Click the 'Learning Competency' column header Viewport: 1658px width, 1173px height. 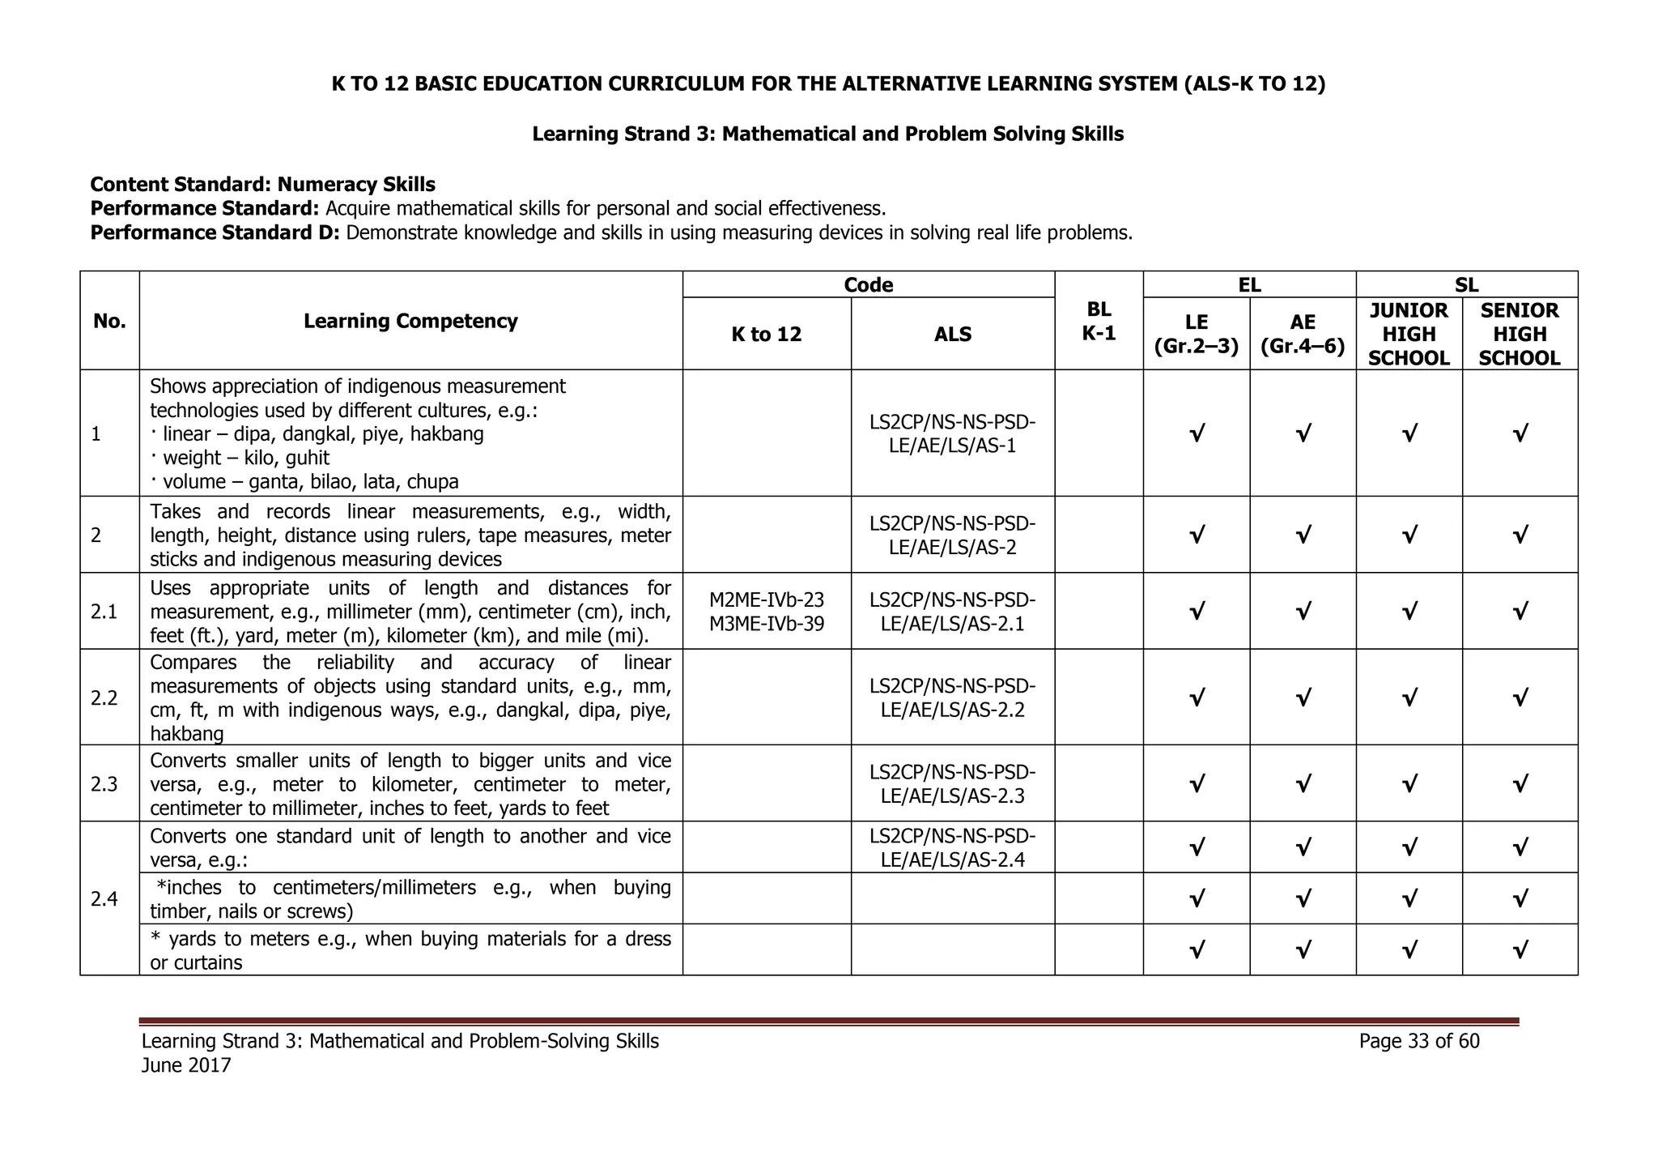click(x=410, y=321)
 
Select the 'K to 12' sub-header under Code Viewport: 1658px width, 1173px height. click(x=766, y=334)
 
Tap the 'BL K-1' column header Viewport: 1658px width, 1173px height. click(x=1099, y=321)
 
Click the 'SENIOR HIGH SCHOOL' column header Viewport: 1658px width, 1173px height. click(x=1519, y=334)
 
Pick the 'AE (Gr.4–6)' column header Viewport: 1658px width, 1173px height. click(x=1302, y=334)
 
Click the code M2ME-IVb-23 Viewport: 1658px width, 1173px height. click(x=766, y=599)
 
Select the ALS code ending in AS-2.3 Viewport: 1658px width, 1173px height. click(x=952, y=783)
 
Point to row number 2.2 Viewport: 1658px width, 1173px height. click(x=104, y=697)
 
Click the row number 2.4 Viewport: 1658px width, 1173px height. click(x=104, y=898)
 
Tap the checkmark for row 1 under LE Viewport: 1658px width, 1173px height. click(x=1196, y=434)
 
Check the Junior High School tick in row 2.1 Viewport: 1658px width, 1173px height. click(x=1409, y=612)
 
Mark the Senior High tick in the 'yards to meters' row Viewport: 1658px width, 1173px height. click(x=1519, y=949)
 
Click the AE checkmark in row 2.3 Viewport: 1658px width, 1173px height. click(x=1302, y=784)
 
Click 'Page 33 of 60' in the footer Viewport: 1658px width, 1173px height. click(x=1418, y=1041)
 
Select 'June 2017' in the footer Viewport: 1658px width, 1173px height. click(x=186, y=1065)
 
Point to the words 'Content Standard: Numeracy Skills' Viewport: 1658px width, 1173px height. click(x=262, y=185)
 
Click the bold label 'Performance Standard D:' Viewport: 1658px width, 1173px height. click(x=215, y=233)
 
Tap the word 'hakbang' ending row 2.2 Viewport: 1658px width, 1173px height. click(x=186, y=734)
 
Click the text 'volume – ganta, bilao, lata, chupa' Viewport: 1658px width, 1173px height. click(x=309, y=481)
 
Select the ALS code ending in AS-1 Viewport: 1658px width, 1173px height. click(x=952, y=434)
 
